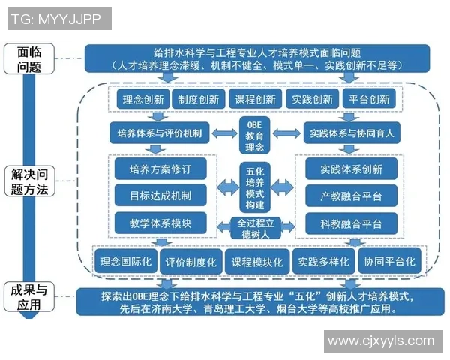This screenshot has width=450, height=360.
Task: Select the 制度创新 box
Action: click(199, 99)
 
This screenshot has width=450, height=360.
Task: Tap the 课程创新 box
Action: click(255, 99)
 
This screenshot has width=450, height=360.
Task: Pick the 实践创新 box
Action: click(313, 99)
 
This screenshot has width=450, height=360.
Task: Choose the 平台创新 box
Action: click(370, 99)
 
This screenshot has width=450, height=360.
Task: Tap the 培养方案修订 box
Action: click(160, 169)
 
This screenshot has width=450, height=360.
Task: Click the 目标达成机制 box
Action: click(160, 196)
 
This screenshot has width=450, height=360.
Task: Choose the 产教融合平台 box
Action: click(351, 196)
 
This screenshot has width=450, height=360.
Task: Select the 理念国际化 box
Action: click(126, 262)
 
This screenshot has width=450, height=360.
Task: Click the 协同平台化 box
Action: click(390, 262)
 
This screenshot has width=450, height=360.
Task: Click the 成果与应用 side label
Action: click(28, 297)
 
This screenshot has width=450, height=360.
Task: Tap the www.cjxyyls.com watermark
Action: click(381, 340)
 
